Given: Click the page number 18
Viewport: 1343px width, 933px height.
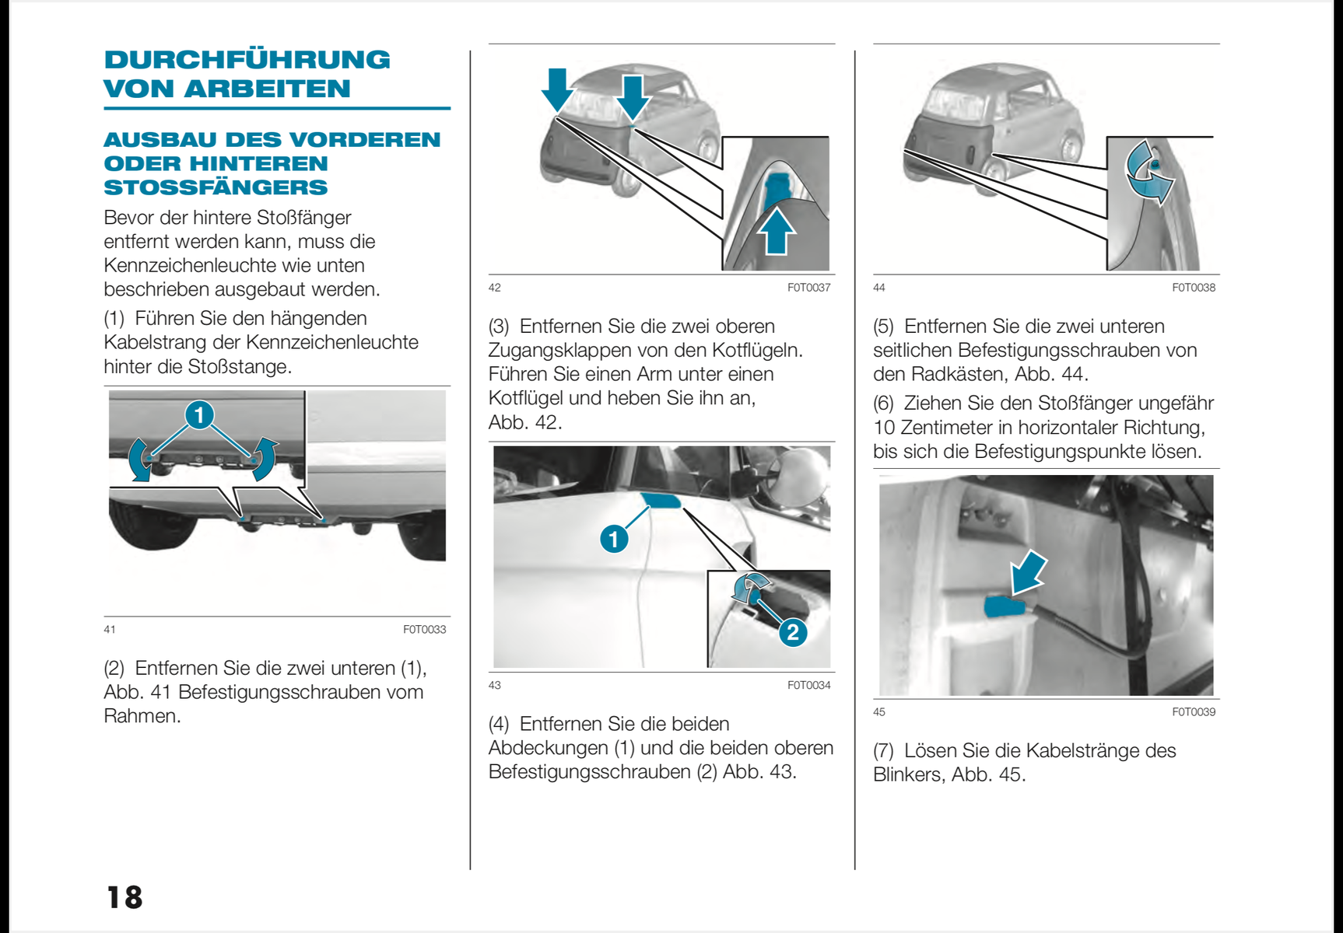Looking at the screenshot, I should (124, 897).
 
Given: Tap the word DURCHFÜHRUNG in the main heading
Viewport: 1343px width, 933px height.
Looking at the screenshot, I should (247, 60).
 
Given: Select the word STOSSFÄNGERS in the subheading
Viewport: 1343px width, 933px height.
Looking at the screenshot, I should (216, 187).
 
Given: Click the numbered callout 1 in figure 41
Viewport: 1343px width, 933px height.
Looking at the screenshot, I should (199, 414).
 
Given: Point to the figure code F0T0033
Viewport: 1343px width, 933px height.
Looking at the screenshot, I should (424, 629).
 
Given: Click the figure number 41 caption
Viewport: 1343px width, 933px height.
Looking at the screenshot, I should (110, 629).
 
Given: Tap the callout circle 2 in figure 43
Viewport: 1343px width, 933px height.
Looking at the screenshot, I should (792, 631).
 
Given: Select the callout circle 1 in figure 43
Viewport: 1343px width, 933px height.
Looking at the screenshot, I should (614, 538).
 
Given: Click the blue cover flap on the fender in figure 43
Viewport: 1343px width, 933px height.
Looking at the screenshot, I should (660, 499).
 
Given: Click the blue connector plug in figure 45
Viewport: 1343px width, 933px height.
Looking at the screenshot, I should (1008, 606).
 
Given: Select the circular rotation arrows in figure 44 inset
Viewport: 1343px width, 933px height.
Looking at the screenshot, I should (1150, 172).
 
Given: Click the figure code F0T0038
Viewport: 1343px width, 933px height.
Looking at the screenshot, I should (1193, 288).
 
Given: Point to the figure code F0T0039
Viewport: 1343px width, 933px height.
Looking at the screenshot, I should (1193, 711).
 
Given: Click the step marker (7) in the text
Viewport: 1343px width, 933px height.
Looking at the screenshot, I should (883, 750).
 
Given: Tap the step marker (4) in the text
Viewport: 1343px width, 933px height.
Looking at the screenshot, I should (499, 724).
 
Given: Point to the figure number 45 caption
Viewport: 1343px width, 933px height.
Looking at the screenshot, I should (879, 711).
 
